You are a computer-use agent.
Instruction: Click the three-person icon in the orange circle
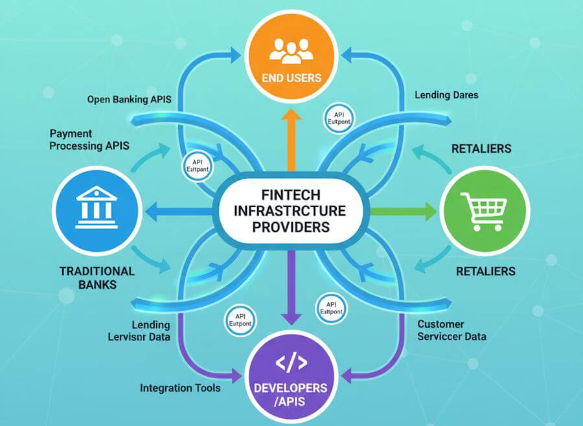tap(291, 51)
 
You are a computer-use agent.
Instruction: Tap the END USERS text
tap(291, 78)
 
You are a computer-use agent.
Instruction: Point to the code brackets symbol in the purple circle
tap(291, 363)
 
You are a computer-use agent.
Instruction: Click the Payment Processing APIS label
tap(89, 139)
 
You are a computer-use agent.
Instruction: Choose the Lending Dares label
tap(446, 95)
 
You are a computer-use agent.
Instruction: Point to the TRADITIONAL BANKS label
tap(97, 278)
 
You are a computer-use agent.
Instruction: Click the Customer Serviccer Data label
tap(452, 330)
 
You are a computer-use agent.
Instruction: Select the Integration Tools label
tap(180, 388)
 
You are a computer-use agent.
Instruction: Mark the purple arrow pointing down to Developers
tap(291, 291)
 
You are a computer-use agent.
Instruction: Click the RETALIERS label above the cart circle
tap(481, 149)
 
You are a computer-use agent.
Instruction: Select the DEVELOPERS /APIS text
tap(291, 394)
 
